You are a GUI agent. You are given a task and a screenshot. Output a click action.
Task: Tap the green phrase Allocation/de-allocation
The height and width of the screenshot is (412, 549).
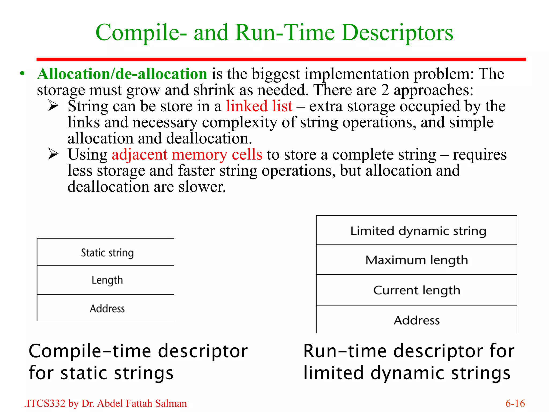pos(122,74)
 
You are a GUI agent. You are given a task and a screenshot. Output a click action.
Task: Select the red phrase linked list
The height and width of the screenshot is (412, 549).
pos(259,106)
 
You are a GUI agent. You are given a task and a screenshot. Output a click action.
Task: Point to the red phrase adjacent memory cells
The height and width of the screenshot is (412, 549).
pos(187,155)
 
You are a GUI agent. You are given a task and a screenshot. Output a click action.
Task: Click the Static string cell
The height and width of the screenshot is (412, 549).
pos(107,252)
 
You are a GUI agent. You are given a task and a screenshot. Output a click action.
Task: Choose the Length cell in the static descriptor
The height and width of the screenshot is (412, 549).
pos(107,280)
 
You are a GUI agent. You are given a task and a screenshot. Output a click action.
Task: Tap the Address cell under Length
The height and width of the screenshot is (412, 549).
pos(107,308)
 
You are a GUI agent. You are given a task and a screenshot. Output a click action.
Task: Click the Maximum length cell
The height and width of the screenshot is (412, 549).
pos(417,260)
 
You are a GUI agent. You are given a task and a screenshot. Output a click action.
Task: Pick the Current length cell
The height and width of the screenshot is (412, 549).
pos(417,290)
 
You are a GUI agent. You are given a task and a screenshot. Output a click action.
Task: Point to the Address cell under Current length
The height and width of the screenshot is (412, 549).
pos(417,320)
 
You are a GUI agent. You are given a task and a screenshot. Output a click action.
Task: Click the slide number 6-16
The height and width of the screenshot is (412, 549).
pos(515,403)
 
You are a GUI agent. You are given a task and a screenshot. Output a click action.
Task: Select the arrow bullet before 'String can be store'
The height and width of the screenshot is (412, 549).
pos(53,106)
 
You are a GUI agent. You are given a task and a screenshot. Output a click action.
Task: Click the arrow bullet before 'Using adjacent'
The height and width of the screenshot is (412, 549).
pos(53,154)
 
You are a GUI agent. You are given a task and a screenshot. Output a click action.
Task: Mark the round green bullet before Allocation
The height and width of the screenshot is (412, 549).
pos(23,74)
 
